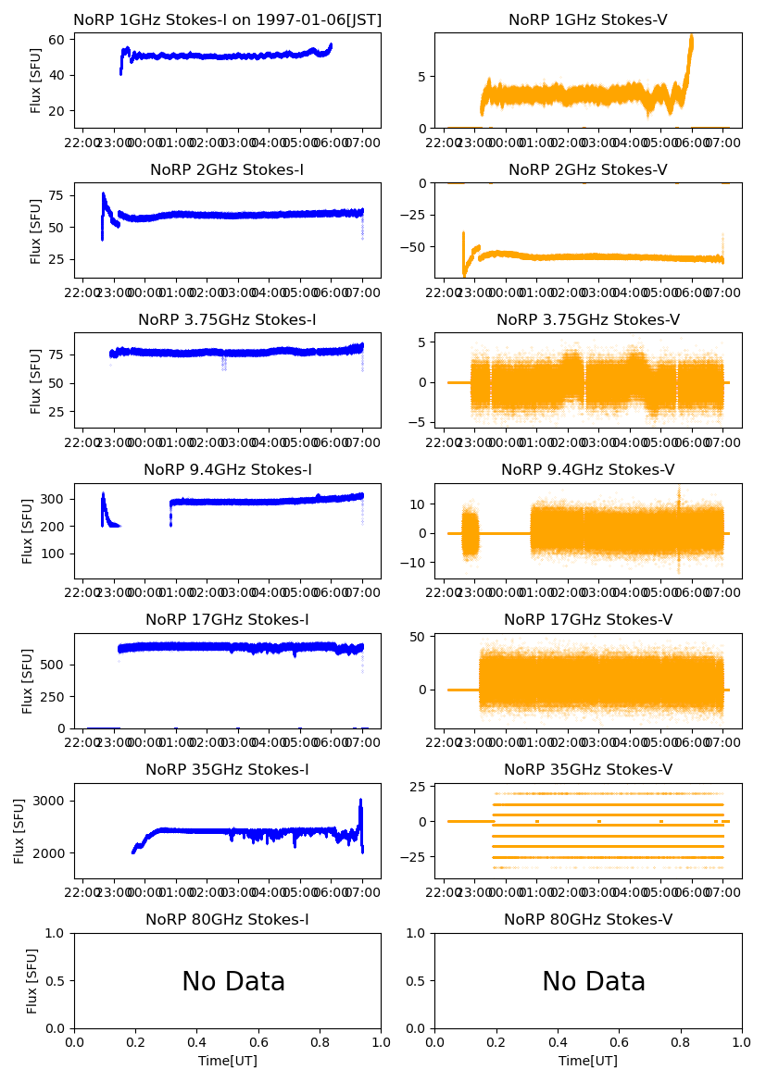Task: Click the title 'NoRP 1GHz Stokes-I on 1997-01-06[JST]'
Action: [x=227, y=19]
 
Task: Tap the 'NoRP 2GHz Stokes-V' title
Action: [x=588, y=169]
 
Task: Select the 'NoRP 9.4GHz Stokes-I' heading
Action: [x=227, y=469]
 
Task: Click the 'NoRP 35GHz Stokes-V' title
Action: [x=588, y=769]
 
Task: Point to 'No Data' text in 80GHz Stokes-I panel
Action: [x=233, y=981]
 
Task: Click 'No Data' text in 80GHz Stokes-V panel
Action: [x=594, y=981]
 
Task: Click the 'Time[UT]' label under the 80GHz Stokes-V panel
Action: [x=588, y=1061]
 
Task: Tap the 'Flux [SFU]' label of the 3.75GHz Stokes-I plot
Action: [x=36, y=380]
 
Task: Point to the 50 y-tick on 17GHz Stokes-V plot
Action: [x=417, y=637]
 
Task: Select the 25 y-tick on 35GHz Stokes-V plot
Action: [x=417, y=787]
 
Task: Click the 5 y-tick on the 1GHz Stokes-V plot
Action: [x=422, y=76]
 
